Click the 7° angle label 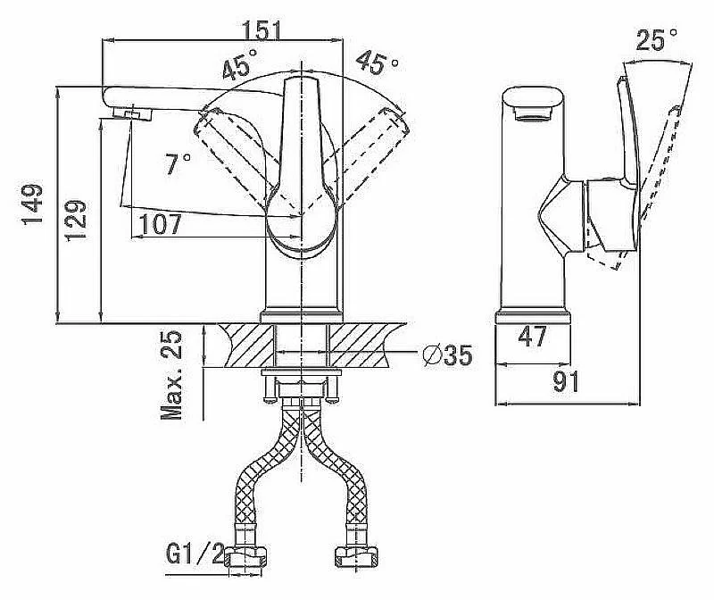click(x=178, y=163)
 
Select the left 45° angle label click(x=238, y=66)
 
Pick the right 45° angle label click(x=377, y=62)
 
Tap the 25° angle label click(x=657, y=40)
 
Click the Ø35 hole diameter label click(x=446, y=355)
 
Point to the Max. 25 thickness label click(x=171, y=375)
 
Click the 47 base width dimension click(x=533, y=337)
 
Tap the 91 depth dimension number click(x=564, y=382)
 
